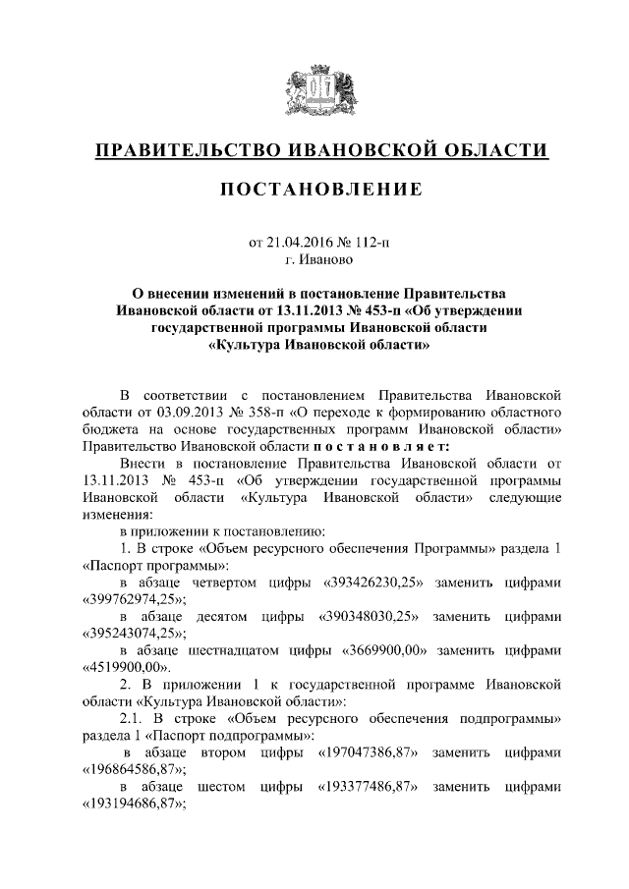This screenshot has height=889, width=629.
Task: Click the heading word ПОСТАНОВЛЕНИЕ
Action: point(319,188)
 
